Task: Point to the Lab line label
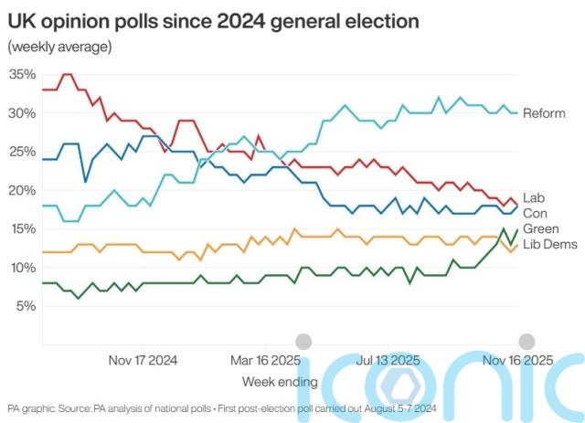[x=534, y=196]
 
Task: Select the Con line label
[x=534, y=212]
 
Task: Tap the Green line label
[x=540, y=227]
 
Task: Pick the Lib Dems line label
[x=548, y=243]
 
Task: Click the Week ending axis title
[x=280, y=380]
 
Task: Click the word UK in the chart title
[x=22, y=20]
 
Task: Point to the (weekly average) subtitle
[x=59, y=47]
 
